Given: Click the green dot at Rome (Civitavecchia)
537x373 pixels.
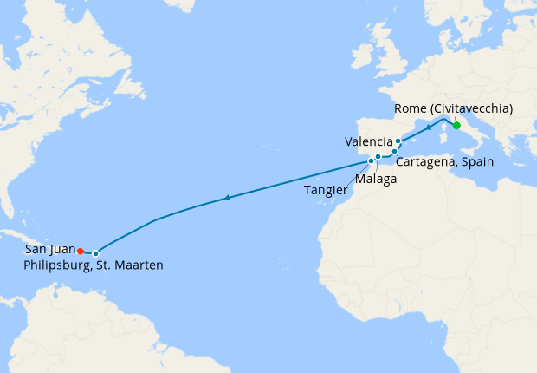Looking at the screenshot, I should click(x=456, y=125).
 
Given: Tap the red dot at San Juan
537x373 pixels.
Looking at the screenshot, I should click(x=80, y=251).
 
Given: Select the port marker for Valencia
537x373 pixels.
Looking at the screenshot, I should click(x=398, y=141).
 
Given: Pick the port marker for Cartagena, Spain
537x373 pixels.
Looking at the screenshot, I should click(x=394, y=152).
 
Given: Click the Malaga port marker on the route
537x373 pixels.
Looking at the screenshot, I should click(x=378, y=157).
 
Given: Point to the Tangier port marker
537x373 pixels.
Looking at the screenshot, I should click(x=372, y=160).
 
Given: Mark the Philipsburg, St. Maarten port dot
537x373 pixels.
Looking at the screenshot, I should click(x=95, y=253).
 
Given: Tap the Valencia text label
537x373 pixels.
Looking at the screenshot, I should click(x=368, y=141).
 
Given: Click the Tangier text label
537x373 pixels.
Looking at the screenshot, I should click(x=327, y=189).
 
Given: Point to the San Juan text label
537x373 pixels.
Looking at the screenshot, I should click(x=50, y=249).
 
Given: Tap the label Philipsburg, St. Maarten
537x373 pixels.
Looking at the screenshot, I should click(x=94, y=265).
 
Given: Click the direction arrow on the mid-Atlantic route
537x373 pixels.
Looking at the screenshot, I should click(x=227, y=199).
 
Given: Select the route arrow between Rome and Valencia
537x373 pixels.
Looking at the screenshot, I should click(x=428, y=128).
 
